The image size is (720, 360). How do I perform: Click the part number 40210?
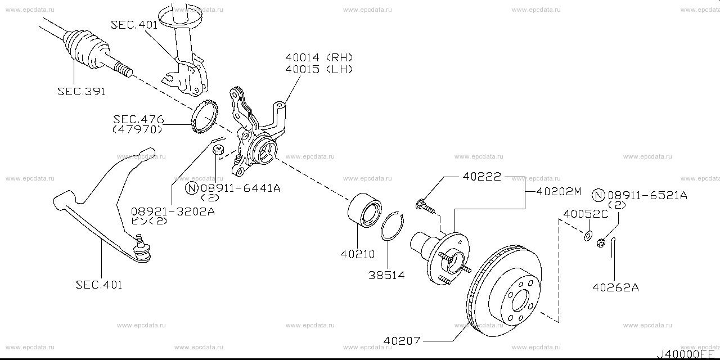click(x=357, y=254)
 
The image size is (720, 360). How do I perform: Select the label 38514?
click(x=386, y=275)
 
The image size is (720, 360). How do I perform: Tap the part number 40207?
click(x=402, y=341)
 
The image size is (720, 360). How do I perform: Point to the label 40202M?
click(x=558, y=191)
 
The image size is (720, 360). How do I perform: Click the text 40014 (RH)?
click(x=318, y=57)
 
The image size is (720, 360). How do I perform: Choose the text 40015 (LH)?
click(x=318, y=69)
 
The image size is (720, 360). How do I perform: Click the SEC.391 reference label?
click(x=81, y=91)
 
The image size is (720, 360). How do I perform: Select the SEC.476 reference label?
click(x=138, y=119)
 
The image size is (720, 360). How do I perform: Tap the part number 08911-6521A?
click(x=647, y=195)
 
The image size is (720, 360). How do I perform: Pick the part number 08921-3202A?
click(x=173, y=211)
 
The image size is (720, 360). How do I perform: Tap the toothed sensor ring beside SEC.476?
click(x=204, y=119)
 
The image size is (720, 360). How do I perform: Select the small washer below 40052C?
click(x=588, y=236)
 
